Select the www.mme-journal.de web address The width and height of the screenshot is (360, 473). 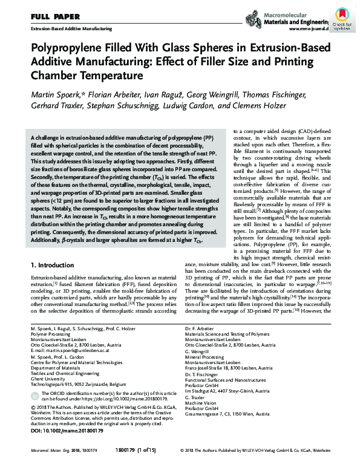click(x=309, y=28)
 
